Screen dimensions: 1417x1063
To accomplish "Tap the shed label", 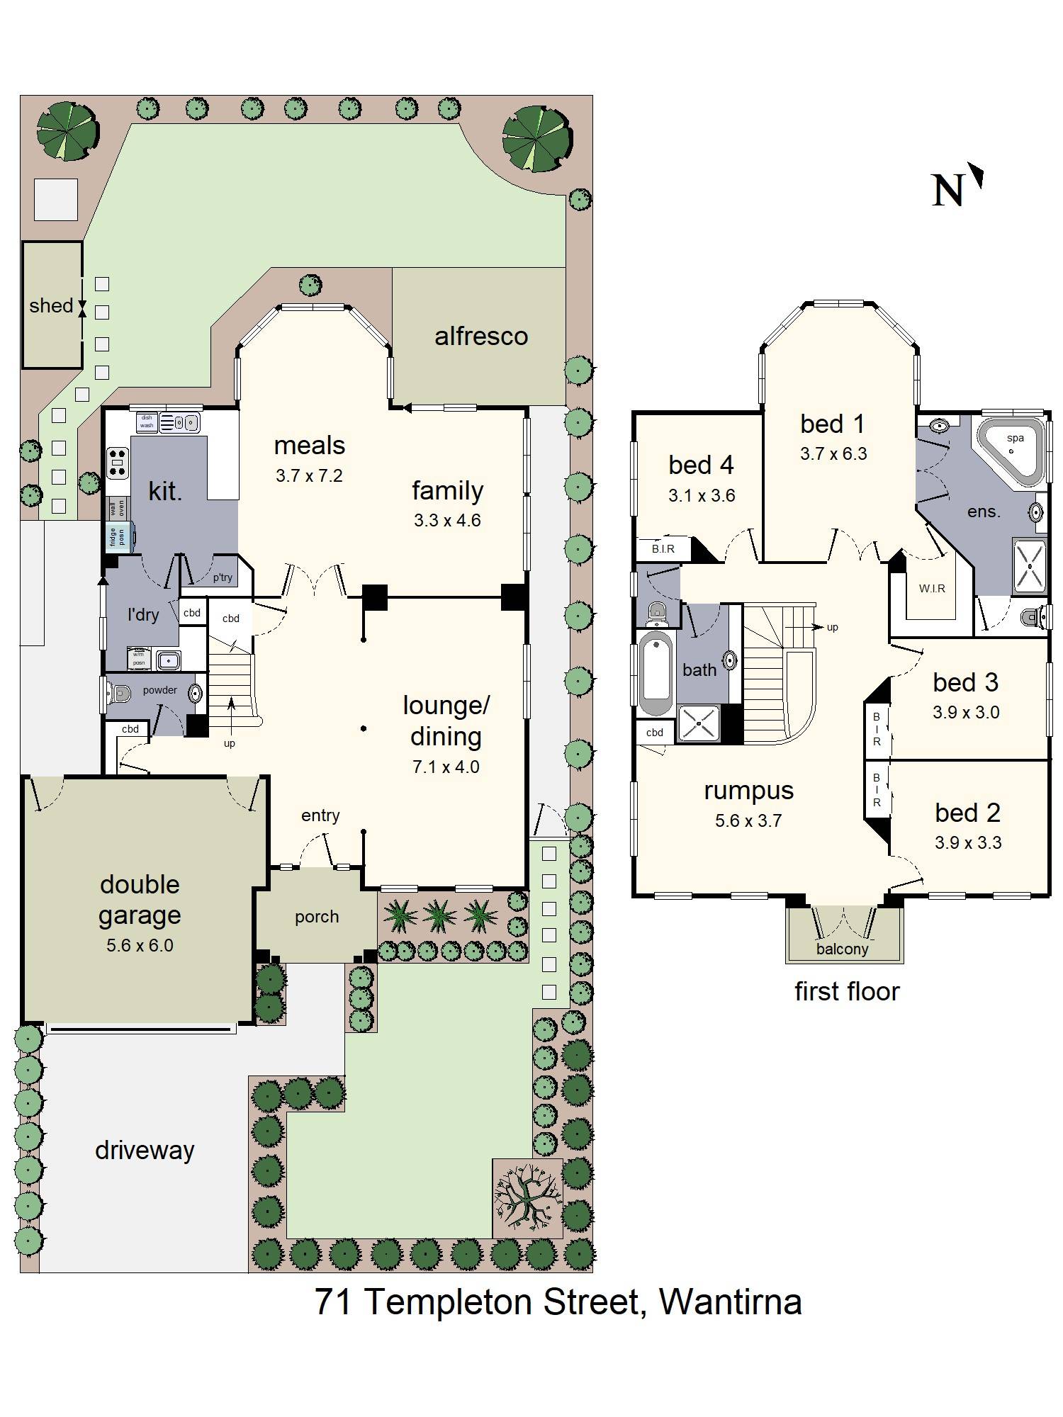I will (51, 305).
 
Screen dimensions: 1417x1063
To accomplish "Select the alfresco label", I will (481, 336).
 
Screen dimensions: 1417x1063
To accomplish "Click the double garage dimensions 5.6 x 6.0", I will (140, 945).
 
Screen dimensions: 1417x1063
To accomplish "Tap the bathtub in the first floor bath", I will (656, 674).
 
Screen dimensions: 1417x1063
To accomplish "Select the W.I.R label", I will (932, 588).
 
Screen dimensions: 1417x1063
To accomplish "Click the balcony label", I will (842, 949).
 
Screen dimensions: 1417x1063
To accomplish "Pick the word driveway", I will (145, 1151).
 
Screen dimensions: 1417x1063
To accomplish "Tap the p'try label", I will (223, 577).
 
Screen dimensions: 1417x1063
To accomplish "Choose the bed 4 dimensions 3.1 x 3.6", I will (702, 495).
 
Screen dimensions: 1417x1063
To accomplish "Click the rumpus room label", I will (748, 790).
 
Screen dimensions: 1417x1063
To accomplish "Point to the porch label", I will (317, 917).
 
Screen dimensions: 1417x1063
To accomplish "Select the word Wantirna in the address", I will (730, 1302).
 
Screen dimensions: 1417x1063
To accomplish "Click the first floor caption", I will (847, 991).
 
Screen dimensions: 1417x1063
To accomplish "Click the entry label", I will (320, 815).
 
